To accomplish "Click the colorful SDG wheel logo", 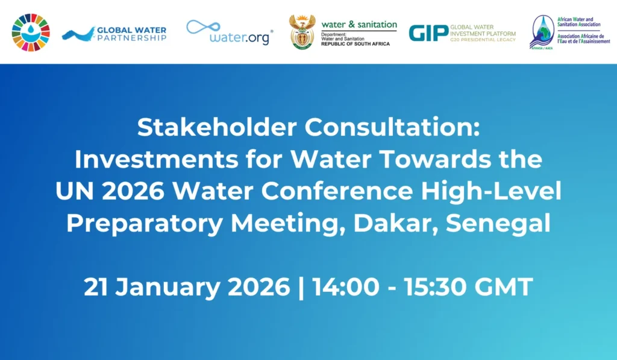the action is tap(31, 33).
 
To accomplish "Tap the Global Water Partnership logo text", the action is tap(131, 34).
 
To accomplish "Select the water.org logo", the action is tap(230, 33).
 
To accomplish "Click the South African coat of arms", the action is tap(302, 31).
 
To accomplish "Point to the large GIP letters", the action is tap(428, 33).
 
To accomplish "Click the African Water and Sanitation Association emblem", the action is tap(542, 33).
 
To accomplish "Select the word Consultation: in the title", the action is tap(392, 127).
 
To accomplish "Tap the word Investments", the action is tap(156, 160).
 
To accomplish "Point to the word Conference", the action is tap(337, 191).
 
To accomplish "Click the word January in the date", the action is tap(168, 287).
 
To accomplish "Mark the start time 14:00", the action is tap(346, 287).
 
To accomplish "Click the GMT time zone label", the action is tap(504, 287).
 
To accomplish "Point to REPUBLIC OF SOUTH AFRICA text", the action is tap(355, 44).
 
